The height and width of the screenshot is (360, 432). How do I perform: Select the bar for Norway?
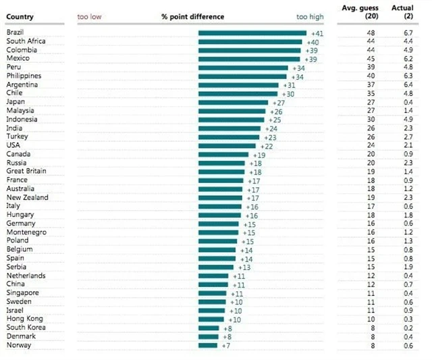pyautogui.click(x=208, y=345)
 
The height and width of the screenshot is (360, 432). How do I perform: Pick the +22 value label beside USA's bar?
pyautogui.click(x=266, y=146)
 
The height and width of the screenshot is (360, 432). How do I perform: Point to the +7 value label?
pyautogui.click(x=226, y=345)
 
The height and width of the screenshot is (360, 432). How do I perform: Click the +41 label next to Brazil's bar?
pyautogui.click(x=317, y=32)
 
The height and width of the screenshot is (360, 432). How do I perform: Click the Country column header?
pyautogui.click(x=20, y=17)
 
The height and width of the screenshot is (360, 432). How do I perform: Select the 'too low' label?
pyautogui.click(x=89, y=17)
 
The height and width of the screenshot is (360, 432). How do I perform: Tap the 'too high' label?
pyautogui.click(x=310, y=17)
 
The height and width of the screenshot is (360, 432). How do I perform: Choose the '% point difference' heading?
pyautogui.click(x=192, y=17)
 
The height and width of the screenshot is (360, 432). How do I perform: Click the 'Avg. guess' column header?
pyautogui.click(x=369, y=12)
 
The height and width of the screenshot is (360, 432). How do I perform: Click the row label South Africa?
pyautogui.click(x=26, y=41)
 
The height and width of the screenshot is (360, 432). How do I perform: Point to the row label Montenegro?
pyautogui.click(x=26, y=232)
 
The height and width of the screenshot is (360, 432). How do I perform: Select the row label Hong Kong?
pyautogui.click(x=24, y=319)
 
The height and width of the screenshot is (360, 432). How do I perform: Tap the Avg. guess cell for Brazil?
pyautogui.click(x=371, y=32)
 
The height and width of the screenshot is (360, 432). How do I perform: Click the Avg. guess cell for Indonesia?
pyautogui.click(x=371, y=120)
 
